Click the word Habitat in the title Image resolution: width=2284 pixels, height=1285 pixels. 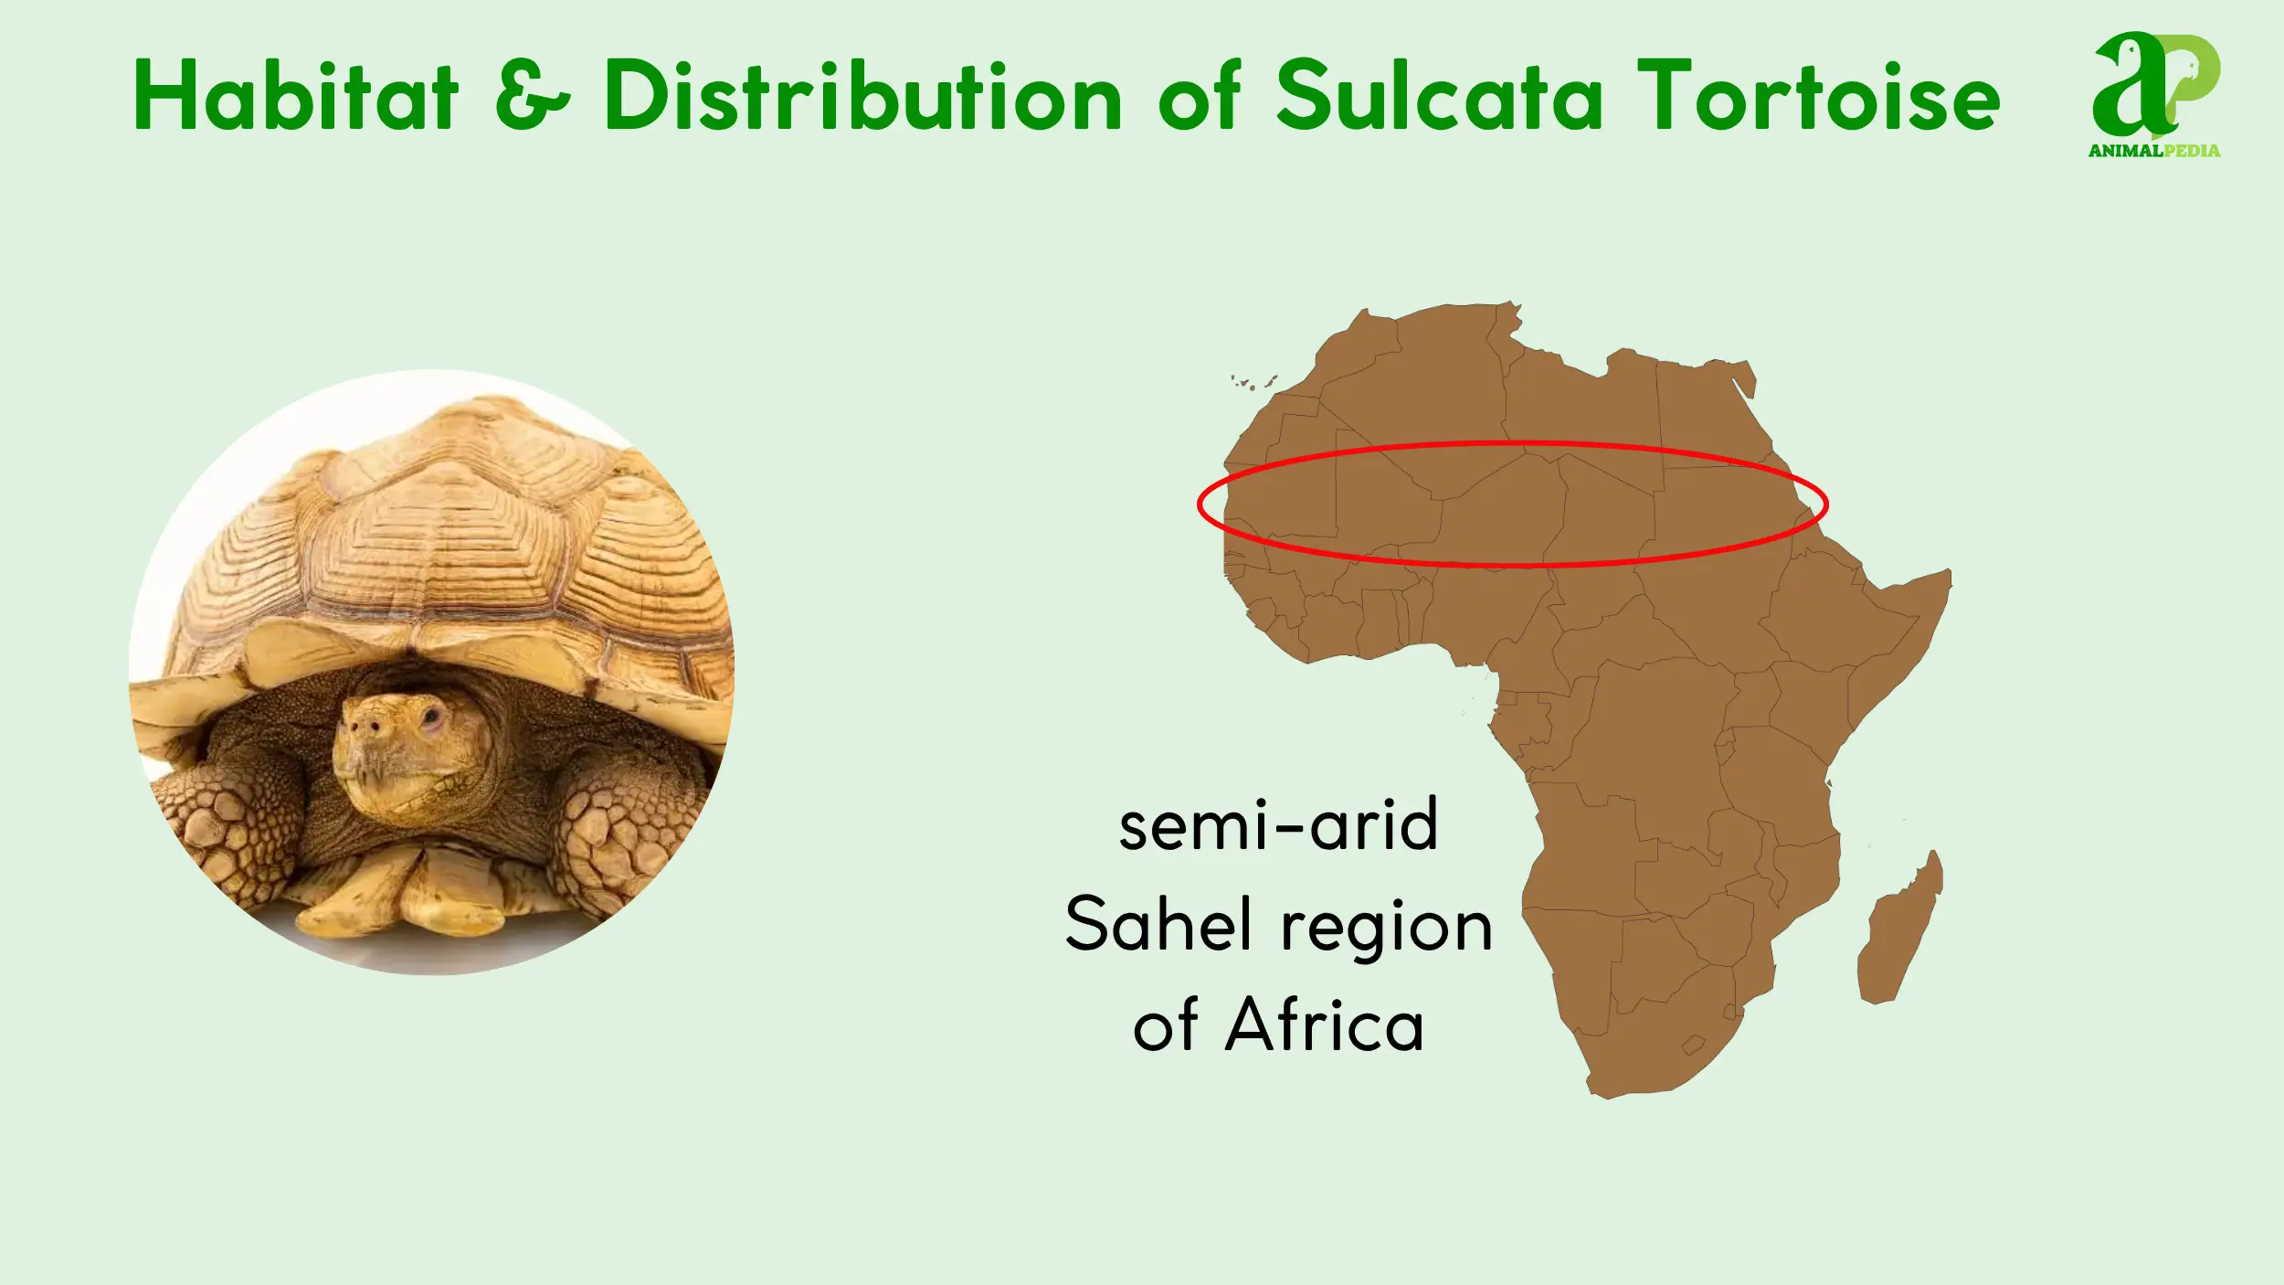[x=295, y=95]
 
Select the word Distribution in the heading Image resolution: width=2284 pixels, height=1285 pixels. [x=862, y=95]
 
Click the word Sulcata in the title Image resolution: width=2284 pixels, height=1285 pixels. [x=1439, y=95]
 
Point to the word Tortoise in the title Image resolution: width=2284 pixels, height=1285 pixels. [x=1818, y=95]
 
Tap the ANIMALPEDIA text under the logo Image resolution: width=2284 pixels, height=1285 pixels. [x=2153, y=151]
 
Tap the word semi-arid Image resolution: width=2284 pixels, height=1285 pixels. [x=1278, y=825]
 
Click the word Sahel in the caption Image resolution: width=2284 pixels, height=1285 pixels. [x=1158, y=926]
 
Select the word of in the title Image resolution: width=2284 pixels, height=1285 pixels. [x=1200, y=95]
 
